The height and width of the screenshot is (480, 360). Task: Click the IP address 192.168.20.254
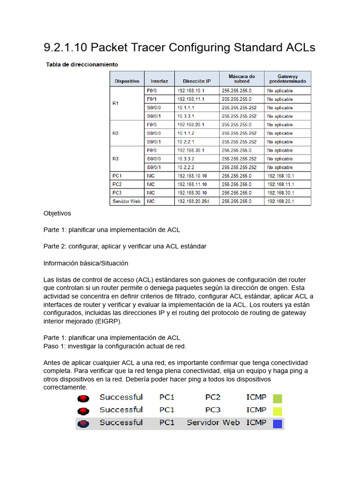193,201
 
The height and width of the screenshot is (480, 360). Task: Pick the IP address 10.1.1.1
187,108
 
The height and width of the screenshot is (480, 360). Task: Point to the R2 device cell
116,133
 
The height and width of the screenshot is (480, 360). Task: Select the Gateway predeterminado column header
287,78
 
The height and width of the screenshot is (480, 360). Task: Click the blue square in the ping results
277,424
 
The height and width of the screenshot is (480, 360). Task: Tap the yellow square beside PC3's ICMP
277,412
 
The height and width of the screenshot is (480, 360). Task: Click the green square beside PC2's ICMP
277,399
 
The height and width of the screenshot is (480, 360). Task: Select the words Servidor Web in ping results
213,422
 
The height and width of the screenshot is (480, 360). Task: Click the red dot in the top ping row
83,398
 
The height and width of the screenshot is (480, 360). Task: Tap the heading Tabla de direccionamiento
82,64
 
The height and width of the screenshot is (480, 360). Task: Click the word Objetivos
57,213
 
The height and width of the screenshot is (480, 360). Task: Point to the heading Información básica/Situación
86,263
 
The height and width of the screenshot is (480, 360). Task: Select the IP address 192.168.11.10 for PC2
192,184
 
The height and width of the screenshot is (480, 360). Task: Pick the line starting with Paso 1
115,346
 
